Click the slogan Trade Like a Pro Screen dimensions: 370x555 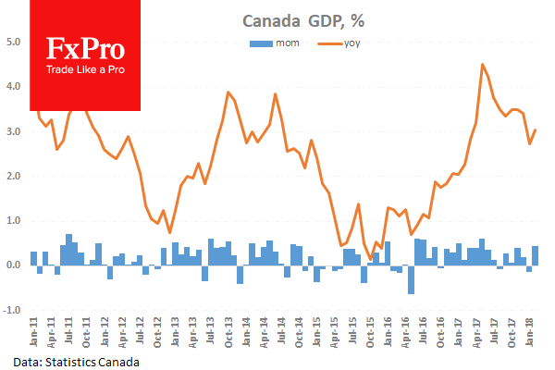85,71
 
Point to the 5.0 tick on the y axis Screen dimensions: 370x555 14,42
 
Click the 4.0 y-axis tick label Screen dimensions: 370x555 14,86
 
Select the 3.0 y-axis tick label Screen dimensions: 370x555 14,131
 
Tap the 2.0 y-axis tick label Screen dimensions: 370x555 14,176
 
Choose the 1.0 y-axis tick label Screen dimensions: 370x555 14,221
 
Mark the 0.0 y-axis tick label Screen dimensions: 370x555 14,265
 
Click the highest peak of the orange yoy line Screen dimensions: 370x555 483,64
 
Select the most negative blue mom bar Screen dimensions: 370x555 411,279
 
